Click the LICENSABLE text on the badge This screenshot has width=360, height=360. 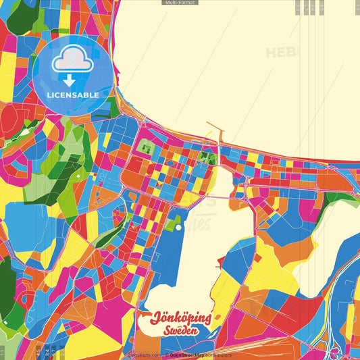(73, 95)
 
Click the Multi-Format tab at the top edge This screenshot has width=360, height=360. (180, 3)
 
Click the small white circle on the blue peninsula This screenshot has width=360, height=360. (179, 228)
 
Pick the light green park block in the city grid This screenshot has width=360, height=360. (144, 145)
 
